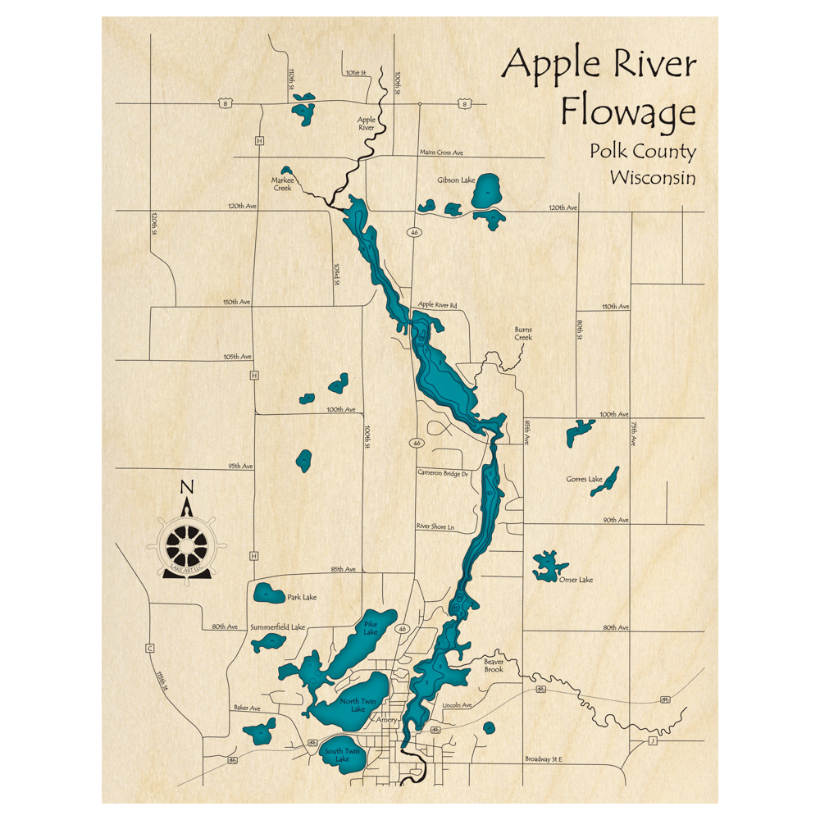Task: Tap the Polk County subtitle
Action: pyautogui.click(x=641, y=152)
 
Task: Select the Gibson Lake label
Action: pyautogui.click(x=456, y=180)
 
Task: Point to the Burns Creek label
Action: pyautogui.click(x=523, y=333)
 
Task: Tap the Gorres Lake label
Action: pyautogui.click(x=584, y=479)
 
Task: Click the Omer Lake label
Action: pyautogui.click(x=575, y=580)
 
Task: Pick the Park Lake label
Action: pyautogui.click(x=302, y=597)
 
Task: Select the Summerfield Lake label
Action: pyautogui.click(x=278, y=627)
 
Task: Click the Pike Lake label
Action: pyautogui.click(x=371, y=629)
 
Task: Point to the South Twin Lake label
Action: pyautogui.click(x=342, y=755)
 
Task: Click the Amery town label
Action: pyautogui.click(x=385, y=720)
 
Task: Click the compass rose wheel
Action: pyautogui.click(x=187, y=544)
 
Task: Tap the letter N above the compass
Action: pyautogui.click(x=187, y=487)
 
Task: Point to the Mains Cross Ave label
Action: pyautogui.click(x=442, y=153)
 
